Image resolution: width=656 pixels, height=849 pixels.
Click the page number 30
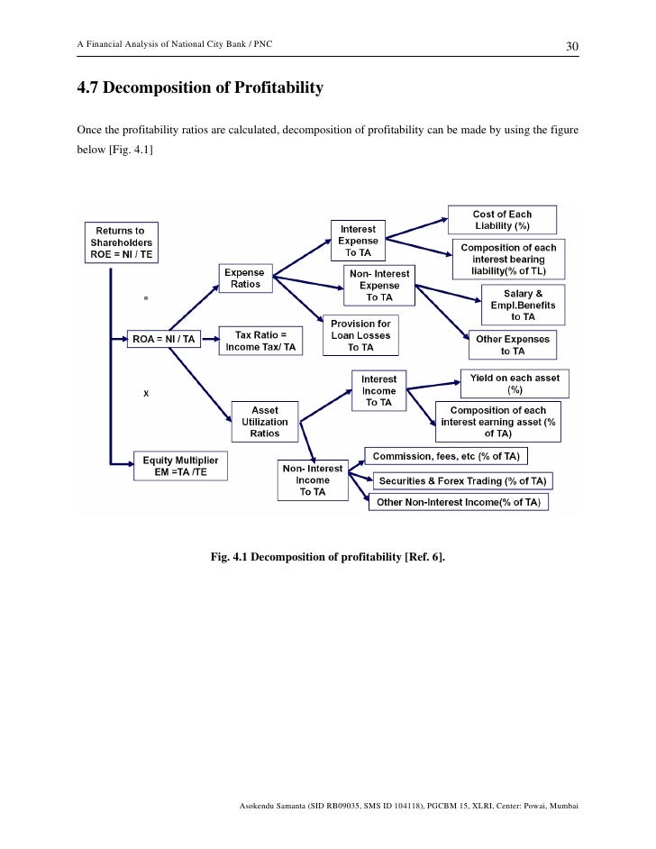(571, 46)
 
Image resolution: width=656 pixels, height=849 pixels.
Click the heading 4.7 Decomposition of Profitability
(199, 88)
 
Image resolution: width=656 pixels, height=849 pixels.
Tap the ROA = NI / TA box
(163, 339)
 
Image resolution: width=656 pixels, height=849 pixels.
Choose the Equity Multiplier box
(180, 466)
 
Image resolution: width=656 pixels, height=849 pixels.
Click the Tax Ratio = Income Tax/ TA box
(260, 341)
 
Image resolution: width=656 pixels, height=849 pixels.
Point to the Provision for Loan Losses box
(360, 336)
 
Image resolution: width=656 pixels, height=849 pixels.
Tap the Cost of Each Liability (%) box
(502, 220)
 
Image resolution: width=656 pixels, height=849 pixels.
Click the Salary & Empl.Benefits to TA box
(523, 305)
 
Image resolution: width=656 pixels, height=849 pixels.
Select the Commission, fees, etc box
(445, 456)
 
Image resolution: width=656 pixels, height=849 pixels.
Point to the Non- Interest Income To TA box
(313, 480)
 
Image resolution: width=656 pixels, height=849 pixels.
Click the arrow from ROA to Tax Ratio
(208, 340)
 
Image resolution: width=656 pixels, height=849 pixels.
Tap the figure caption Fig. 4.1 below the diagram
(327, 557)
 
